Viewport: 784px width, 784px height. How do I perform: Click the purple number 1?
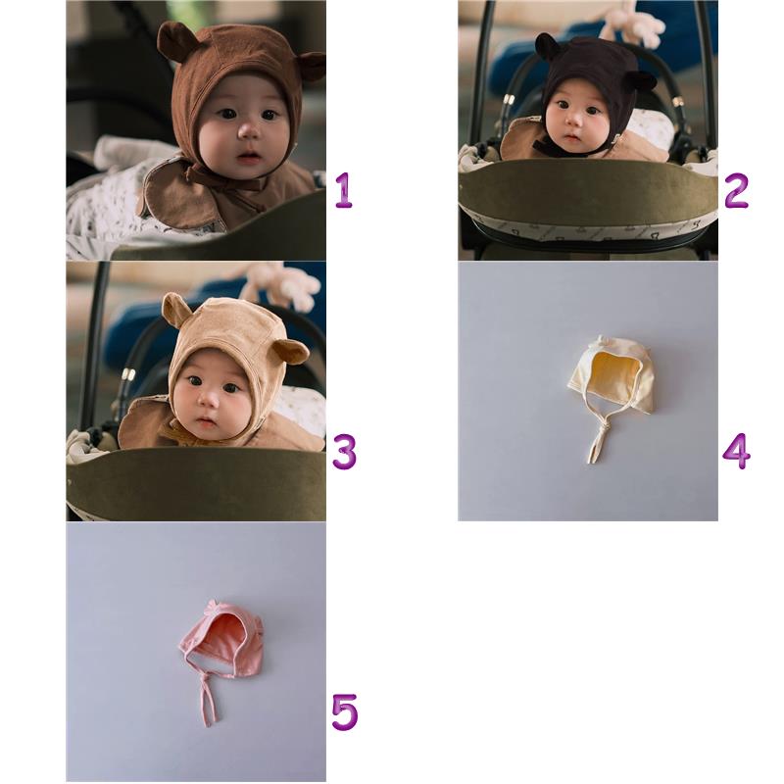[x=344, y=190]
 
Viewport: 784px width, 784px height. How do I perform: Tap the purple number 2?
[x=736, y=190]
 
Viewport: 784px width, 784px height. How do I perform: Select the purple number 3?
[x=345, y=452]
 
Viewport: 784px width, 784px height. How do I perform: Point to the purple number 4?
[x=737, y=451]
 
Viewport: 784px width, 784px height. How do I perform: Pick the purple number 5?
[x=345, y=712]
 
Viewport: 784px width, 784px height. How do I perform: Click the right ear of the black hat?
[x=641, y=81]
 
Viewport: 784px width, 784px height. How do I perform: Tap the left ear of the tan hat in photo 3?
[x=176, y=309]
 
